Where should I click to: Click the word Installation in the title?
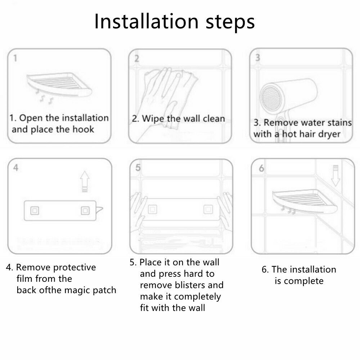coord(146,21)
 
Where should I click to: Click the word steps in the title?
coord(230,23)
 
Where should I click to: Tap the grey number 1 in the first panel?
coord(15,58)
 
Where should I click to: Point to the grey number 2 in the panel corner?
coord(136,59)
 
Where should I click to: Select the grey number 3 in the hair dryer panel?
coord(258,57)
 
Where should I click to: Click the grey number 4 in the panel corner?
coord(15,168)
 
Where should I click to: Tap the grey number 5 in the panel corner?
coord(138,168)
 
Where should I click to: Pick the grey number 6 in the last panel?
coord(261,168)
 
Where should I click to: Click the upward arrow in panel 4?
coord(85,181)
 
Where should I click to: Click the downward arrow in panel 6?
coord(336,176)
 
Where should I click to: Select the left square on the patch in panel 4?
coord(35,211)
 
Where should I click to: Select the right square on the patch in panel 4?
coord(85,211)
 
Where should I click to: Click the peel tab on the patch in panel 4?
coord(99,210)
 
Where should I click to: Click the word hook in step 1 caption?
coord(84,129)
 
